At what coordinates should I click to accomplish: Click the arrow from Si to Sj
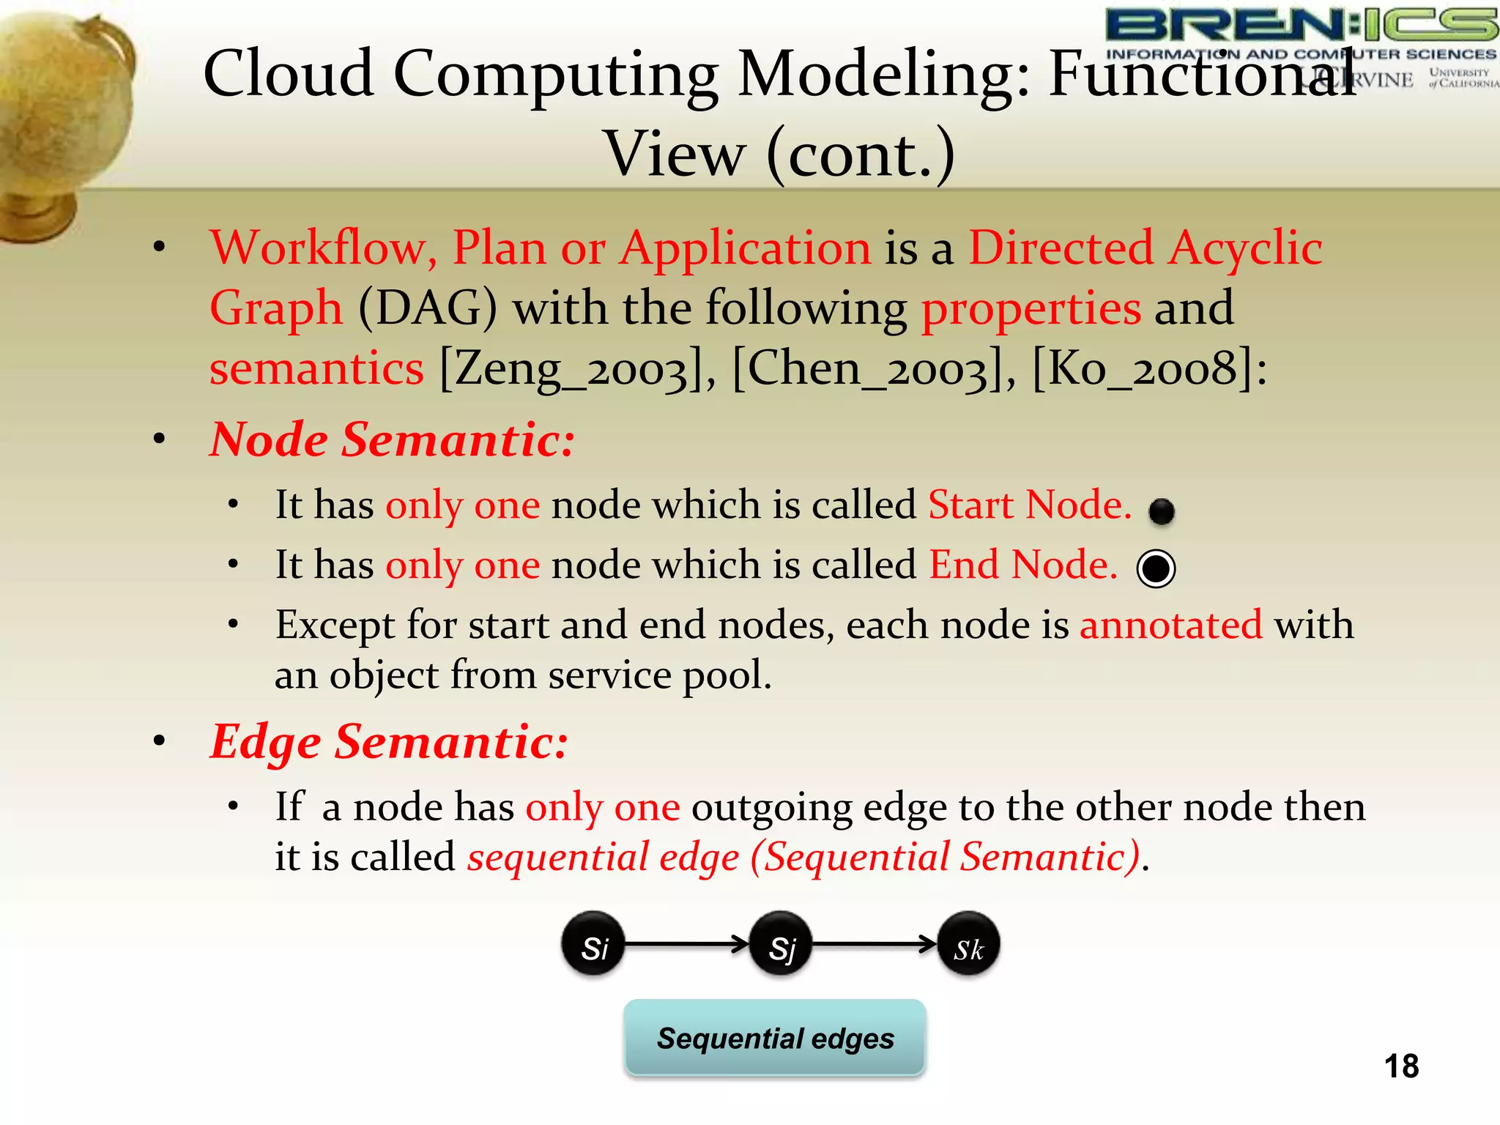pyautogui.click(x=686, y=944)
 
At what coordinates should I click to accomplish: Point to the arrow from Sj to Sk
pyautogui.click(x=874, y=944)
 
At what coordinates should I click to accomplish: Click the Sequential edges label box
pyautogui.click(x=775, y=1038)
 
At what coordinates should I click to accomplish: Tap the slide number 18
pyautogui.click(x=1401, y=1066)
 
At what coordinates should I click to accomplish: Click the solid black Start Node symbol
pyautogui.click(x=1162, y=510)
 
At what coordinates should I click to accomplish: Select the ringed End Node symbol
pyautogui.click(x=1156, y=568)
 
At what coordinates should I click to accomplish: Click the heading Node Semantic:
pyautogui.click(x=392, y=439)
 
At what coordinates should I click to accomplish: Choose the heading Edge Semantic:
pyautogui.click(x=389, y=742)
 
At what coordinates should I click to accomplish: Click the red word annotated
pyautogui.click(x=1170, y=625)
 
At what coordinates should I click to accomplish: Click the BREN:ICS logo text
pyautogui.click(x=1301, y=26)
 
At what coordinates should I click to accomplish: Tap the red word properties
pyautogui.click(x=1031, y=308)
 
